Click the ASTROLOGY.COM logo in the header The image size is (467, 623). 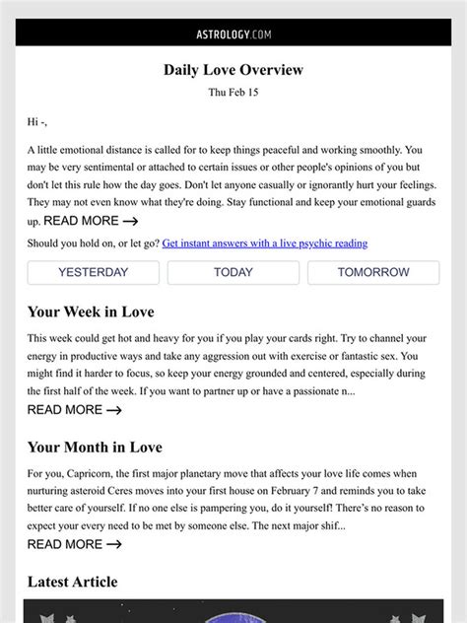[233, 34]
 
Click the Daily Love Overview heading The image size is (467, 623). [233, 70]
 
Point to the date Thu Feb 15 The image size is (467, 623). [233, 93]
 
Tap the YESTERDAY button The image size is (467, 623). [94, 272]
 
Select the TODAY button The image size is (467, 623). [233, 272]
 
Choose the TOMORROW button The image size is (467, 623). [373, 272]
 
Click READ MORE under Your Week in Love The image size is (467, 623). [75, 409]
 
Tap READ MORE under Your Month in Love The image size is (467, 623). [75, 544]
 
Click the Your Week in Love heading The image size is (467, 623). [91, 312]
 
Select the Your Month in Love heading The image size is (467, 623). [95, 448]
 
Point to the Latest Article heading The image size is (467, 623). [72, 582]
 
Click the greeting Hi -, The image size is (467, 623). [37, 122]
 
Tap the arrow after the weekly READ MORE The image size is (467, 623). [114, 410]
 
